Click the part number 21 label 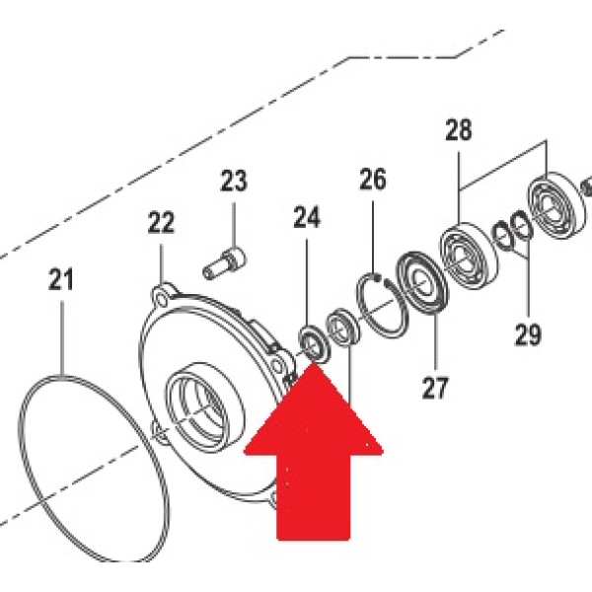pyautogui.click(x=61, y=279)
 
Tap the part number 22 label pyautogui.click(x=161, y=223)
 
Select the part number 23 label pyautogui.click(x=234, y=181)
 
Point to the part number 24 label pyautogui.click(x=307, y=217)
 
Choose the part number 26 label pyautogui.click(x=373, y=179)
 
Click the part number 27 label pyautogui.click(x=435, y=388)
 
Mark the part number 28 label pyautogui.click(x=459, y=130)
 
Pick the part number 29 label pyautogui.click(x=528, y=334)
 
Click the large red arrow pyautogui.click(x=314, y=449)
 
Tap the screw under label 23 pyautogui.click(x=224, y=262)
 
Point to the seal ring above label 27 pyautogui.click(x=422, y=281)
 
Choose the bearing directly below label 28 pyautogui.click(x=470, y=257)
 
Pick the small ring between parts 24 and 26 pyautogui.click(x=341, y=327)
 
